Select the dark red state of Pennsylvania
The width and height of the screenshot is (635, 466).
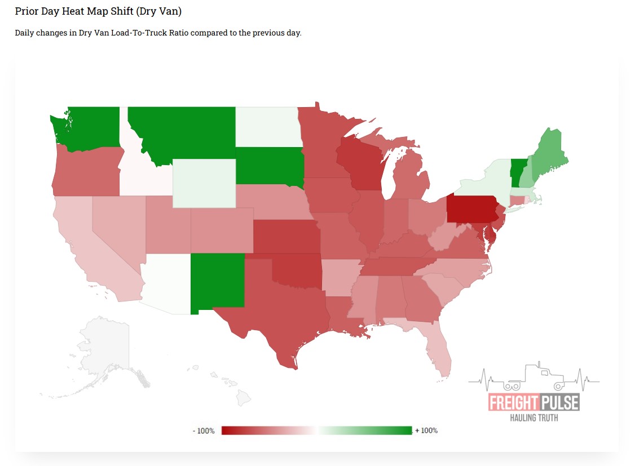click(471, 210)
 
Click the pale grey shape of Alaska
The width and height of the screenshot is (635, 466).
click(104, 349)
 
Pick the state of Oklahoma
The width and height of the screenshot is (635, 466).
click(296, 270)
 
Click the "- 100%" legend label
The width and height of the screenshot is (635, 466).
click(204, 431)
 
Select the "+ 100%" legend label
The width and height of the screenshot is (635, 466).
click(426, 431)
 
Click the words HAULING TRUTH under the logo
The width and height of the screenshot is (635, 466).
click(533, 418)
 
